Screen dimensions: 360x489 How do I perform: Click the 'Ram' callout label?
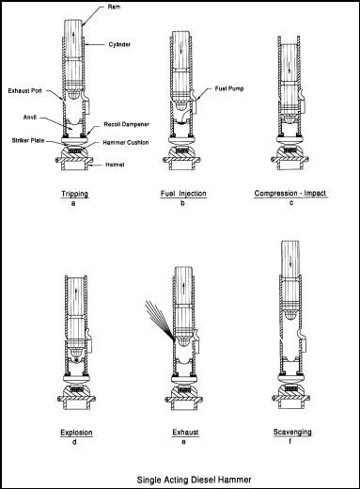pos(115,7)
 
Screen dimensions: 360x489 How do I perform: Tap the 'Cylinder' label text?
pos(119,44)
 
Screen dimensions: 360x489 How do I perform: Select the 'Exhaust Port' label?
pos(24,91)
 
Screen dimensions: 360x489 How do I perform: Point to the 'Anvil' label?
pos(30,117)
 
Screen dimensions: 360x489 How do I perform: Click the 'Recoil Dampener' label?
pos(127,124)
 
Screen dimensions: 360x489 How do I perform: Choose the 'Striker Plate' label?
pos(28,140)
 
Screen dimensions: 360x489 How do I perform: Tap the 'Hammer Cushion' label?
pos(126,142)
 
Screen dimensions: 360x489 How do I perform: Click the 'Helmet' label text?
pos(115,165)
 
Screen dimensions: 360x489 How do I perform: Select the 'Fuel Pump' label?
pos(229,88)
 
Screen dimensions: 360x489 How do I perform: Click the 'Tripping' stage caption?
pos(75,194)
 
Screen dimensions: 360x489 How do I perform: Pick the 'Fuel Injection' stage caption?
pos(183,193)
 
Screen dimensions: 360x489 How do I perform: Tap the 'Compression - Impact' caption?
pos(290,193)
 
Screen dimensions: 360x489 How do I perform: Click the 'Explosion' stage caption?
pos(76,433)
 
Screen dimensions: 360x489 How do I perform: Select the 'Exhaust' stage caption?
pos(185,433)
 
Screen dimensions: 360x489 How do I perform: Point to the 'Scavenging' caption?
pos(292,433)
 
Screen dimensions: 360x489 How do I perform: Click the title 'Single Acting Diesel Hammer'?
pos(194,480)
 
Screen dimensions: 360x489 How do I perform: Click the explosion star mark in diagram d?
pos(76,360)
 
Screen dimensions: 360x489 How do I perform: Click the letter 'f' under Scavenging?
pos(290,441)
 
